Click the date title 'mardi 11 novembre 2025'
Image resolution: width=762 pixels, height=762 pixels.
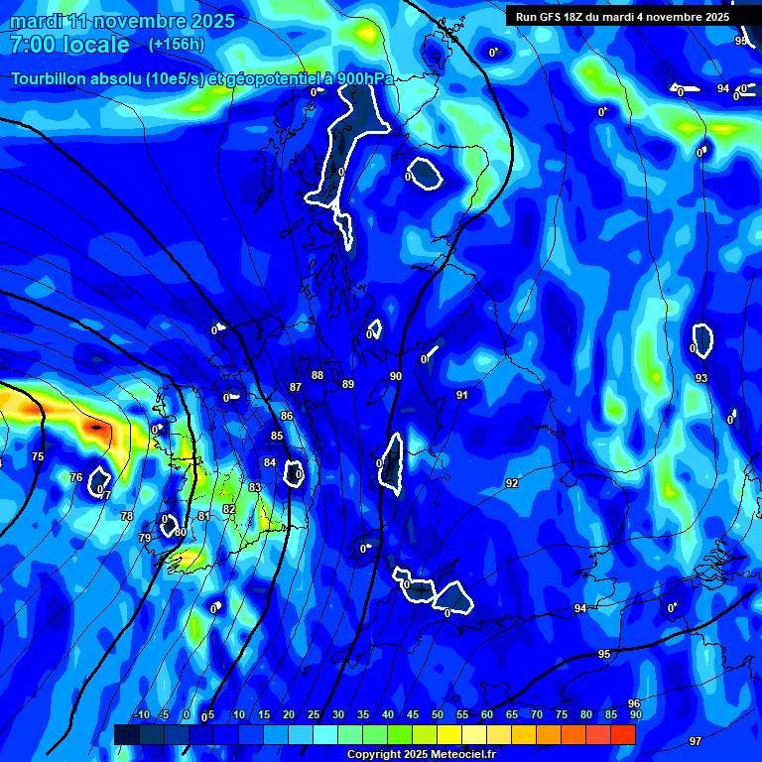123,21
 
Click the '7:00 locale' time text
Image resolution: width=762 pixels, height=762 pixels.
69,45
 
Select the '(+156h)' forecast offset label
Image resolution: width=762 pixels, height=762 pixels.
177,45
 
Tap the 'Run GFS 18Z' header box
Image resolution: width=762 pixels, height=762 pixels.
622,17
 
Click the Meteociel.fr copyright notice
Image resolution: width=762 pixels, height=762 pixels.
422,755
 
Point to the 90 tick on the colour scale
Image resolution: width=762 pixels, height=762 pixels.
635,714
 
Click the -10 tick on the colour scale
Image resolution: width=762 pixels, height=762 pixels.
141,714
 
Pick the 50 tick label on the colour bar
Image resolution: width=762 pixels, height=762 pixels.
438,714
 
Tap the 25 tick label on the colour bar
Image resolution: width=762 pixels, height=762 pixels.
314,714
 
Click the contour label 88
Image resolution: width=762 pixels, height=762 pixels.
317,375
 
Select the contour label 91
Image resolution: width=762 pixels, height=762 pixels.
462,395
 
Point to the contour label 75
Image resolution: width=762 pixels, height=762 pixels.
38,456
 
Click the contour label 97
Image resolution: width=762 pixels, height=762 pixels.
696,741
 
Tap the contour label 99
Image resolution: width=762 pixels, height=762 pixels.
741,41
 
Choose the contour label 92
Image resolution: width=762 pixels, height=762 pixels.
512,483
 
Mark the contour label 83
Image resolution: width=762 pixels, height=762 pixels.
255,487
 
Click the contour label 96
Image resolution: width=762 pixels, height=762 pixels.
634,703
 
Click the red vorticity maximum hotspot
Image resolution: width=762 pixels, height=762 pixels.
96,428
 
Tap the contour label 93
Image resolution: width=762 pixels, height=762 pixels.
701,378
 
